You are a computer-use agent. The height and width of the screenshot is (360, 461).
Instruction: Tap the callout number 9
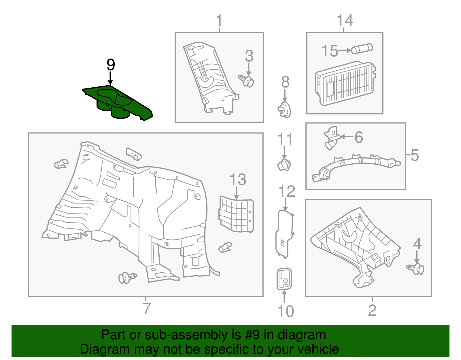(111, 65)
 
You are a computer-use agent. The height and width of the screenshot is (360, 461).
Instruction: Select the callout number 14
(345, 20)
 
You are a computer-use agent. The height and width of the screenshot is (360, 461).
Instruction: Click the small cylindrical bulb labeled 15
(362, 49)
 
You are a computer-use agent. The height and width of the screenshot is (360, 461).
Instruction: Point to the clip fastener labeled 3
(247, 80)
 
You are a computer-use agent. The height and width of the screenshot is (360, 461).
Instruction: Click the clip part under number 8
(284, 110)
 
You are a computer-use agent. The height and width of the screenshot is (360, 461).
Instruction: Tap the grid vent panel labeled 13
(236, 215)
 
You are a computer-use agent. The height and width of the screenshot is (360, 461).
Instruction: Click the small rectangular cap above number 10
(284, 279)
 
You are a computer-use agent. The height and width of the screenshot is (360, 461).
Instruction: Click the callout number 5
(414, 155)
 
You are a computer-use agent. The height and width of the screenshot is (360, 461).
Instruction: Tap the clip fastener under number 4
(416, 269)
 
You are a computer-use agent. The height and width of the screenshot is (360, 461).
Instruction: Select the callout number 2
(372, 310)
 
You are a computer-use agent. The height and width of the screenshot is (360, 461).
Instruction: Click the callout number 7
(147, 308)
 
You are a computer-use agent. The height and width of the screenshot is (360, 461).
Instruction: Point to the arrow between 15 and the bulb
(345, 50)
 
